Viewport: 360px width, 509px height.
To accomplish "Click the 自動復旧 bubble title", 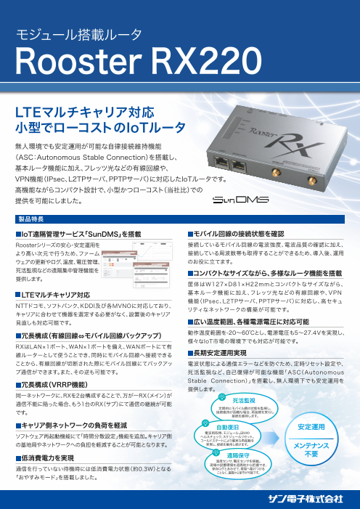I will [228, 427].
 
